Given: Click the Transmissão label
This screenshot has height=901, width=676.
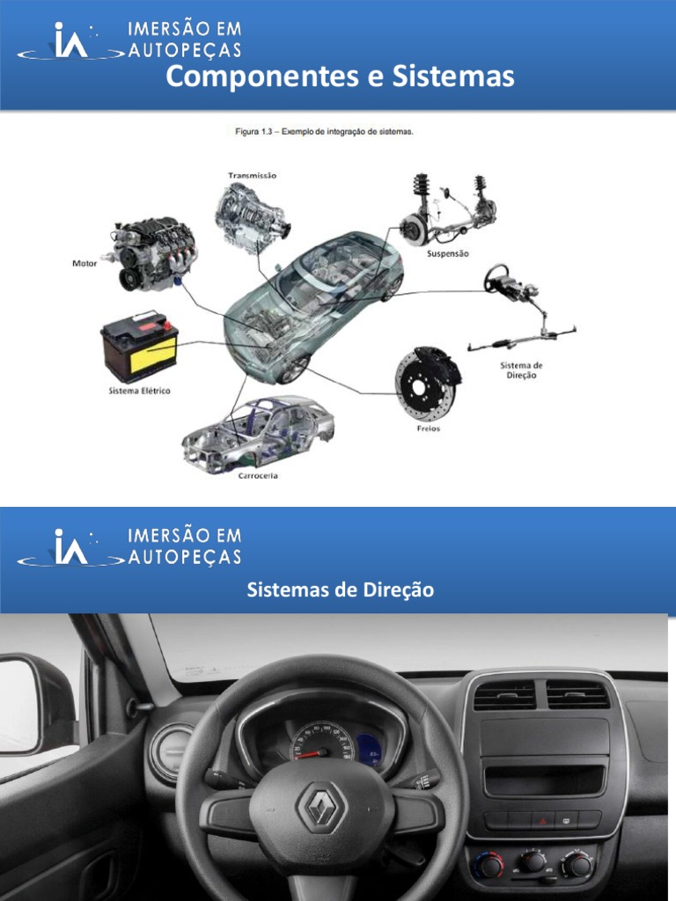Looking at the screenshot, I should pos(252,175).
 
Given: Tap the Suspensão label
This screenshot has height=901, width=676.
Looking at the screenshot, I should pos(448,253).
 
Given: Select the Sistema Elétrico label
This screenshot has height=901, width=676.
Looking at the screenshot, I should pos(139,390).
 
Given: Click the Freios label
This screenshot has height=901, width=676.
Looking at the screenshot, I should pos(428,429).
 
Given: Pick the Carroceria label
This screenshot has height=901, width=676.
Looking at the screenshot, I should pos(258,476).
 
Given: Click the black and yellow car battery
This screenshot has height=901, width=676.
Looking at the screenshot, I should pos(140,347).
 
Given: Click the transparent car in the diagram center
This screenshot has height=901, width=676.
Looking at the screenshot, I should pos(312,304).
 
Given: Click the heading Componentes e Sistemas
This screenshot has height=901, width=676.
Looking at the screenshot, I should pos(339,77).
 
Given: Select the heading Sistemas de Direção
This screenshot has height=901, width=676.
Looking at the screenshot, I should pos(340,590).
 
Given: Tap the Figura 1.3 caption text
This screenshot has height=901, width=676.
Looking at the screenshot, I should pos(324,131).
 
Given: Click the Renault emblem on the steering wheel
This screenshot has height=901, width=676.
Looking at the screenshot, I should pos(319,809).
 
